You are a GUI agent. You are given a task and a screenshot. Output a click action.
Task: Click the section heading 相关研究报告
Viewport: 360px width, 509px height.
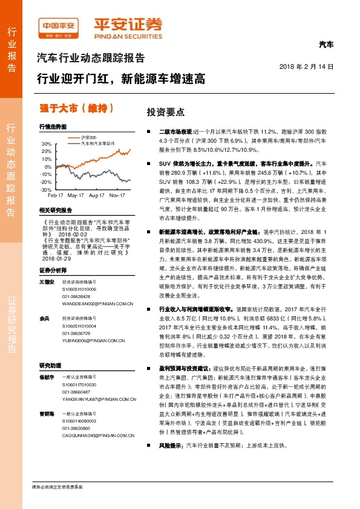click(55, 210)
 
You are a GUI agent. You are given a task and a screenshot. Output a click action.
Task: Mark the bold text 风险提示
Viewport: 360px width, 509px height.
click(171, 462)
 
